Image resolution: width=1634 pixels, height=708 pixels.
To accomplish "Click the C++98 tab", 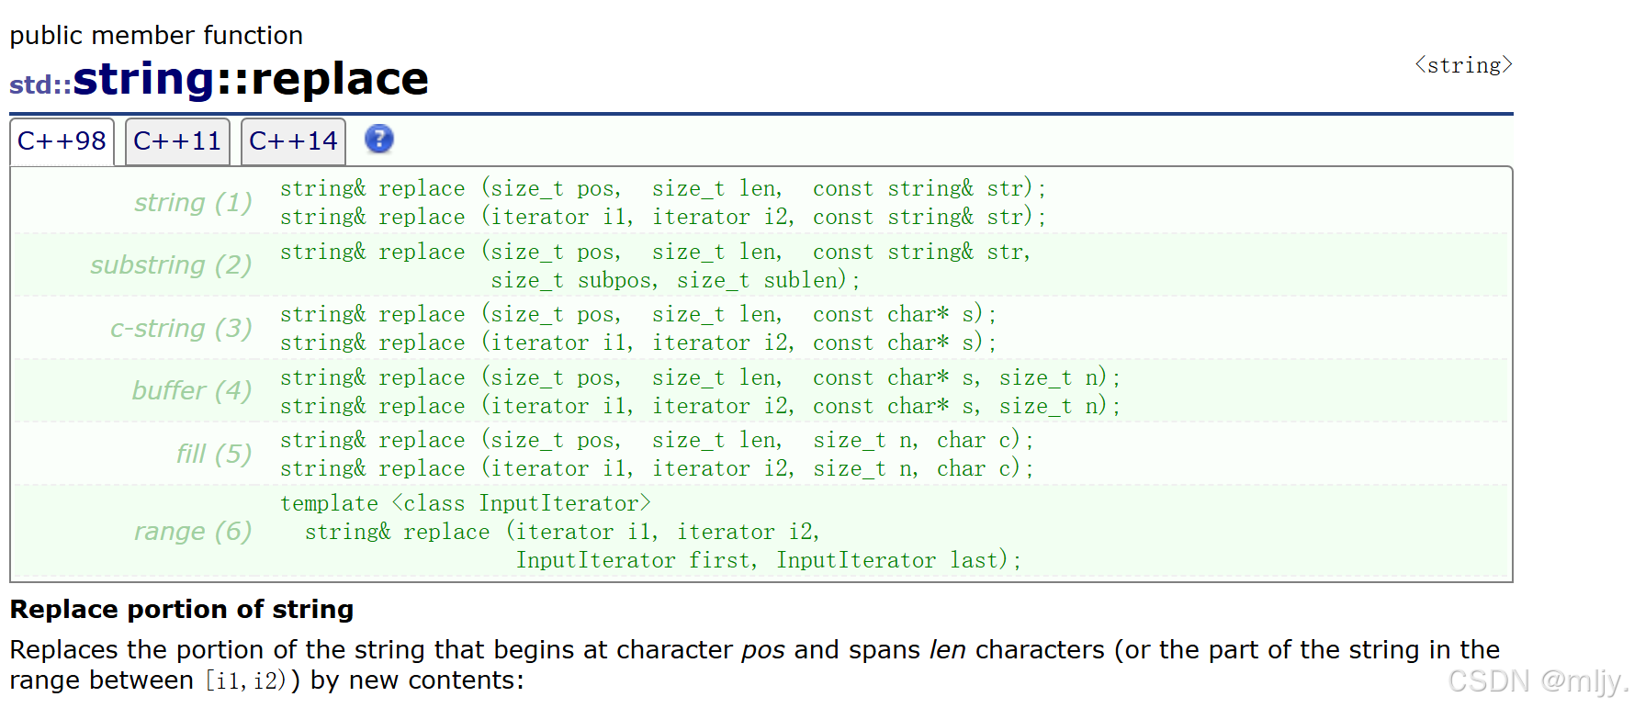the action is click(x=62, y=141).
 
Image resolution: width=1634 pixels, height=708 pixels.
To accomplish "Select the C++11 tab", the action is click(x=177, y=141).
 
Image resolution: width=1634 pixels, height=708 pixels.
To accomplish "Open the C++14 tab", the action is click(x=293, y=141).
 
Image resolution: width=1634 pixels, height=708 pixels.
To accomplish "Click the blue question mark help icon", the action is click(x=378, y=139).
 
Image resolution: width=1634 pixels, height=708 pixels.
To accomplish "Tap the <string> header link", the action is click(x=1463, y=65).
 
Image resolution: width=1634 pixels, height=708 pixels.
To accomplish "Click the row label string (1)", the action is click(x=193, y=202).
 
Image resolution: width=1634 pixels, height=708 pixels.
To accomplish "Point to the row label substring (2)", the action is click(x=171, y=264).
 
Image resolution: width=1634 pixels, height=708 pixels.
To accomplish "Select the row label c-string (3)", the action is click(x=181, y=328).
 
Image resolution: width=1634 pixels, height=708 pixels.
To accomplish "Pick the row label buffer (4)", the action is click(x=192, y=390).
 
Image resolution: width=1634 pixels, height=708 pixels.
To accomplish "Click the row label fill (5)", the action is click(x=214, y=454).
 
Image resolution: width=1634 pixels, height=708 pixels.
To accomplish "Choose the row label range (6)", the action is click(x=193, y=531).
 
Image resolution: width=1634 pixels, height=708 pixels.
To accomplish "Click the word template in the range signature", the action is click(x=329, y=504).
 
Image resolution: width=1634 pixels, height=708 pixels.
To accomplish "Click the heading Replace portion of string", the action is click(x=182, y=609).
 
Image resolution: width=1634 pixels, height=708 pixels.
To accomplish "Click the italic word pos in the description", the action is click(x=763, y=650).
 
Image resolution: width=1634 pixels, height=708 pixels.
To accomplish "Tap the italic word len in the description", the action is click(x=947, y=649).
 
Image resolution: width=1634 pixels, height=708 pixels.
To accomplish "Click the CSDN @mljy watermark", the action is click(x=1538, y=680).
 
